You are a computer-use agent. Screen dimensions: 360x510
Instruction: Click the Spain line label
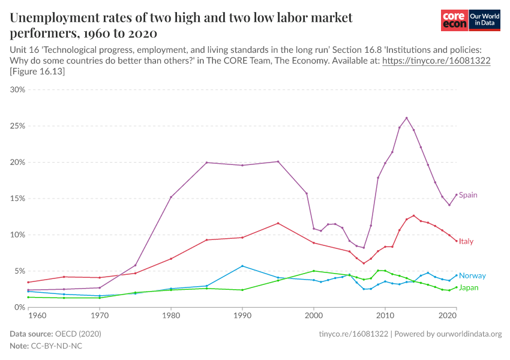pos(468,195)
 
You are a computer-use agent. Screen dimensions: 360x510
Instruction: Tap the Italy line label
pos(466,241)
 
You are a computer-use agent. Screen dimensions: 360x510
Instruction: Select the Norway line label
pos(472,276)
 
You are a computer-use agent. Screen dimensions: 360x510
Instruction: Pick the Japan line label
pos(469,288)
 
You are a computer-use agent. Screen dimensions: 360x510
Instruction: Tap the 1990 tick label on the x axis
pos(242,314)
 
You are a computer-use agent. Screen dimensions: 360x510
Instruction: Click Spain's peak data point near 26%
pos(406,118)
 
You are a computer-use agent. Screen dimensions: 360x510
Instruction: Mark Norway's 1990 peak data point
pos(242,266)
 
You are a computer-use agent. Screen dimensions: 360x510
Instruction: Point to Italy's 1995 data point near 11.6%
pos(278,223)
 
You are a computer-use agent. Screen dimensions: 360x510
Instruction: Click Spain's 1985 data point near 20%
pos(206,163)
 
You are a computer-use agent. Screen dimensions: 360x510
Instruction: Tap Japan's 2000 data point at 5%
pos(314,271)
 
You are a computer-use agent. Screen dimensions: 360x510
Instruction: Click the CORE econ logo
pos(454,20)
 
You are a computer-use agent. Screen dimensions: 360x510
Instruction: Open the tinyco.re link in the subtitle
pos(436,61)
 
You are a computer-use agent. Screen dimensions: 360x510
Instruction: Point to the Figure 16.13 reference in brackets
pos(37,72)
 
